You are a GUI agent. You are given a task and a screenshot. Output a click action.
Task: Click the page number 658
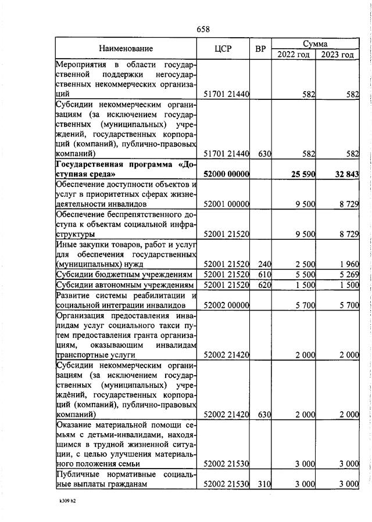pos(203,29)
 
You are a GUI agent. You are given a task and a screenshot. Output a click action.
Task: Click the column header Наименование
pos(126,49)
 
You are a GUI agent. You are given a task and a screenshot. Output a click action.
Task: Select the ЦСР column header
pos(223,49)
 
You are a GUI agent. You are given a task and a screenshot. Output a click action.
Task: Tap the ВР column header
pos(260,49)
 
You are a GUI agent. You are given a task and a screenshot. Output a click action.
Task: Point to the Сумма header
pos(315,44)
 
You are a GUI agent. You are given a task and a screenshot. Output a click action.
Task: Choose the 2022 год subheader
pos(294,55)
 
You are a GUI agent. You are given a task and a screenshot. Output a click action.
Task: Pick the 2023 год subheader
pos(337,55)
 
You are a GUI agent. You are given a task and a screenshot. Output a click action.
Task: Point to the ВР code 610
pos(264,275)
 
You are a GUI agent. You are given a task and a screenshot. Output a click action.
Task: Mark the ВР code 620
pos(264,285)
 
